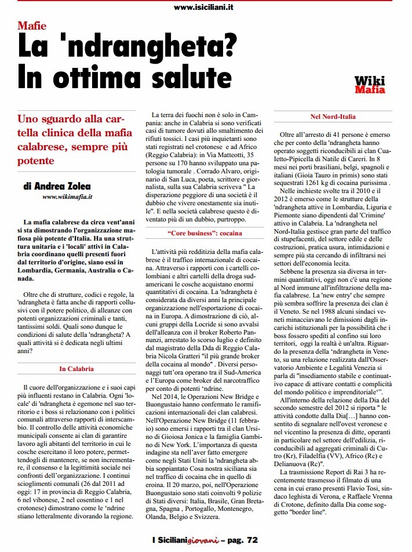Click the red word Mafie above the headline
pos(32,26)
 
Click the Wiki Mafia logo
pos(369,85)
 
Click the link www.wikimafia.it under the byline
pos(68,197)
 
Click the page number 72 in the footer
pos(251,540)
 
